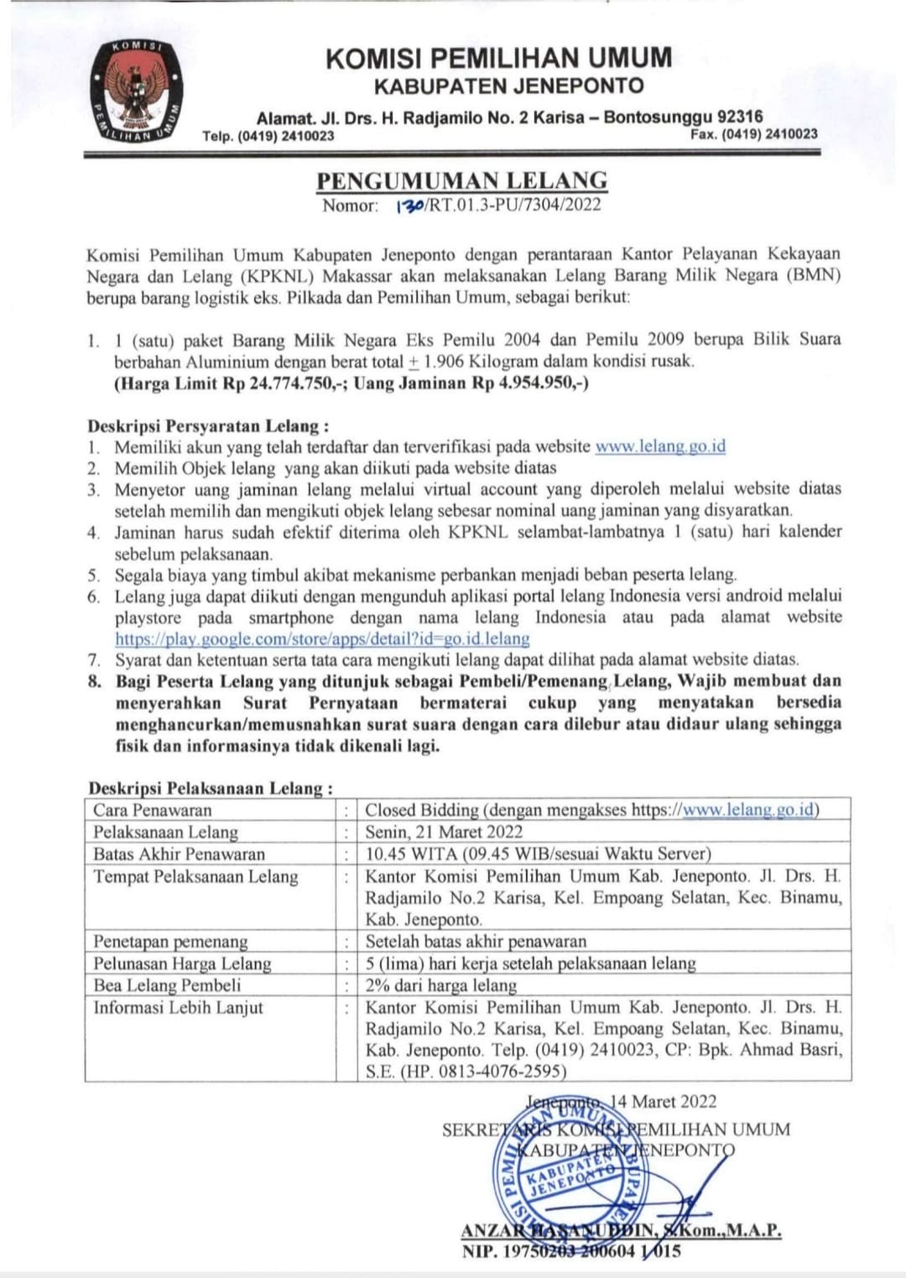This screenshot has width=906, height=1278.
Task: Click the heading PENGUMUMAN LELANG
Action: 461,180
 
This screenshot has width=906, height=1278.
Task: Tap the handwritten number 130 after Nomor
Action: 410,206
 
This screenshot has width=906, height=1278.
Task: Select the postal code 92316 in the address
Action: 741,117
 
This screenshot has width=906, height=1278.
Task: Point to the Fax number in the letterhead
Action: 753,134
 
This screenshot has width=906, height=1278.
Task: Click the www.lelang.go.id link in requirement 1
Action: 660,446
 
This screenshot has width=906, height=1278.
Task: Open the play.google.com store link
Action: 322,639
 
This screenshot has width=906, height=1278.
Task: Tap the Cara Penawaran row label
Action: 153,810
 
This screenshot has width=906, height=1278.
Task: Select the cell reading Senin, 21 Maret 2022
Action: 444,832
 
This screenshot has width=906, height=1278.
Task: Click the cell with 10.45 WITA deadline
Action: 538,854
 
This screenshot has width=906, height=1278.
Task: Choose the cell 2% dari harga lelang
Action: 441,985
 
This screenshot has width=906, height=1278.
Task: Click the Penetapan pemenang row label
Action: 170,942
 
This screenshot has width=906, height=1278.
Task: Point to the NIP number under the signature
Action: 570,1252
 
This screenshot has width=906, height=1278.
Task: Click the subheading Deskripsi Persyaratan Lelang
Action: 208,425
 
